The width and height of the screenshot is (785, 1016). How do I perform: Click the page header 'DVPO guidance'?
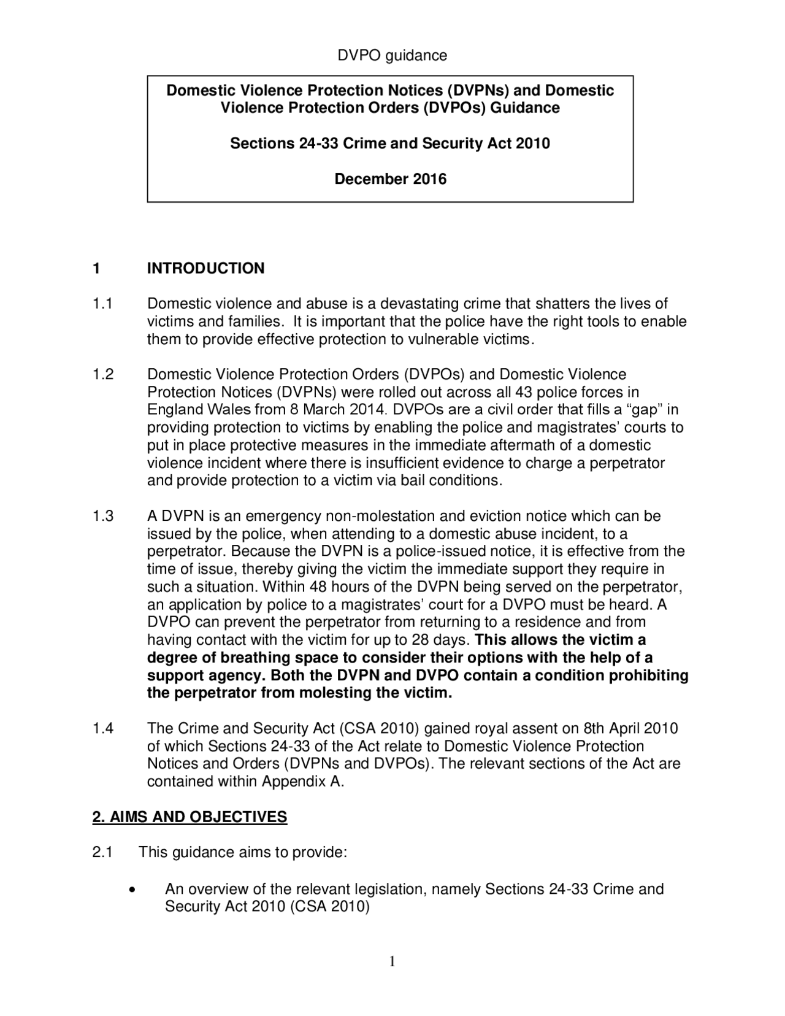392,56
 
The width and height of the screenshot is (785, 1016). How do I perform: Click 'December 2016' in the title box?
390,179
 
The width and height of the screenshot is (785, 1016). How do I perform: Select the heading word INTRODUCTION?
205,268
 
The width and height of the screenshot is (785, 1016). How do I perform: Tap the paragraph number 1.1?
102,304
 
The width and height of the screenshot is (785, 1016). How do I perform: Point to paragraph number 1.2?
102,374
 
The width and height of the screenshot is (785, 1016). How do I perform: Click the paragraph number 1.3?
102,516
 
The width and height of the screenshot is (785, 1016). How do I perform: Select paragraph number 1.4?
102,729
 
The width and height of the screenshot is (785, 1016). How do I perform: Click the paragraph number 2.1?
102,853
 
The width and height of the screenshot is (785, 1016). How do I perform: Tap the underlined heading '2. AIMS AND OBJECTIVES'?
190,817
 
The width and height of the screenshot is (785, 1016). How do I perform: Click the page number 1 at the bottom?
392,961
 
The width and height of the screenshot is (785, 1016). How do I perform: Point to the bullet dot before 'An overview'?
132,890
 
